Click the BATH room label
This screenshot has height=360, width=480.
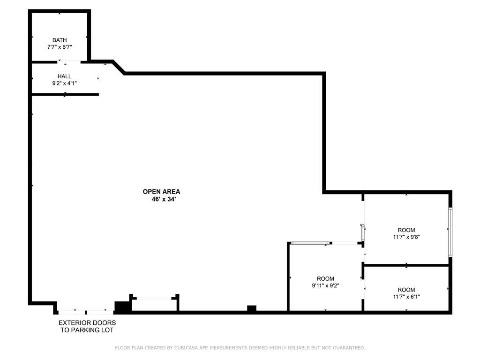click(x=60, y=40)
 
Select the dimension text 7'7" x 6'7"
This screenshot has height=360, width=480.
click(x=60, y=47)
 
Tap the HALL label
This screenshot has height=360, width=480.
click(x=65, y=76)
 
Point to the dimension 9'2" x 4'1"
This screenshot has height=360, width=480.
click(x=65, y=83)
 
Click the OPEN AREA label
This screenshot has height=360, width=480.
click(x=161, y=191)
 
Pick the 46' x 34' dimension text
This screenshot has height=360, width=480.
click(x=161, y=199)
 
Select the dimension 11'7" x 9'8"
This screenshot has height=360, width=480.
click(x=406, y=237)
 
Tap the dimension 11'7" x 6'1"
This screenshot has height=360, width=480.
click(x=406, y=297)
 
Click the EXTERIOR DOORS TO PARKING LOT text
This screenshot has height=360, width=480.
click(x=87, y=326)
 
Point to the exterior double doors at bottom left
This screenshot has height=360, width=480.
click(x=85, y=311)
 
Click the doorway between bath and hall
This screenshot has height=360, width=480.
click(x=69, y=61)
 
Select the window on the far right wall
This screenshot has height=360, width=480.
click(x=450, y=232)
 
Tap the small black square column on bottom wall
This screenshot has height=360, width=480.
click(x=252, y=308)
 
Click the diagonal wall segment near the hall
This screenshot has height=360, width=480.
click(x=119, y=67)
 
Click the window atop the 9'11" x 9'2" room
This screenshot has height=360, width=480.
click(x=309, y=243)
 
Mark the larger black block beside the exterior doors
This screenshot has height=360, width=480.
click(x=123, y=307)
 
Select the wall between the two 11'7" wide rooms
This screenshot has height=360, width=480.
click(x=406, y=265)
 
